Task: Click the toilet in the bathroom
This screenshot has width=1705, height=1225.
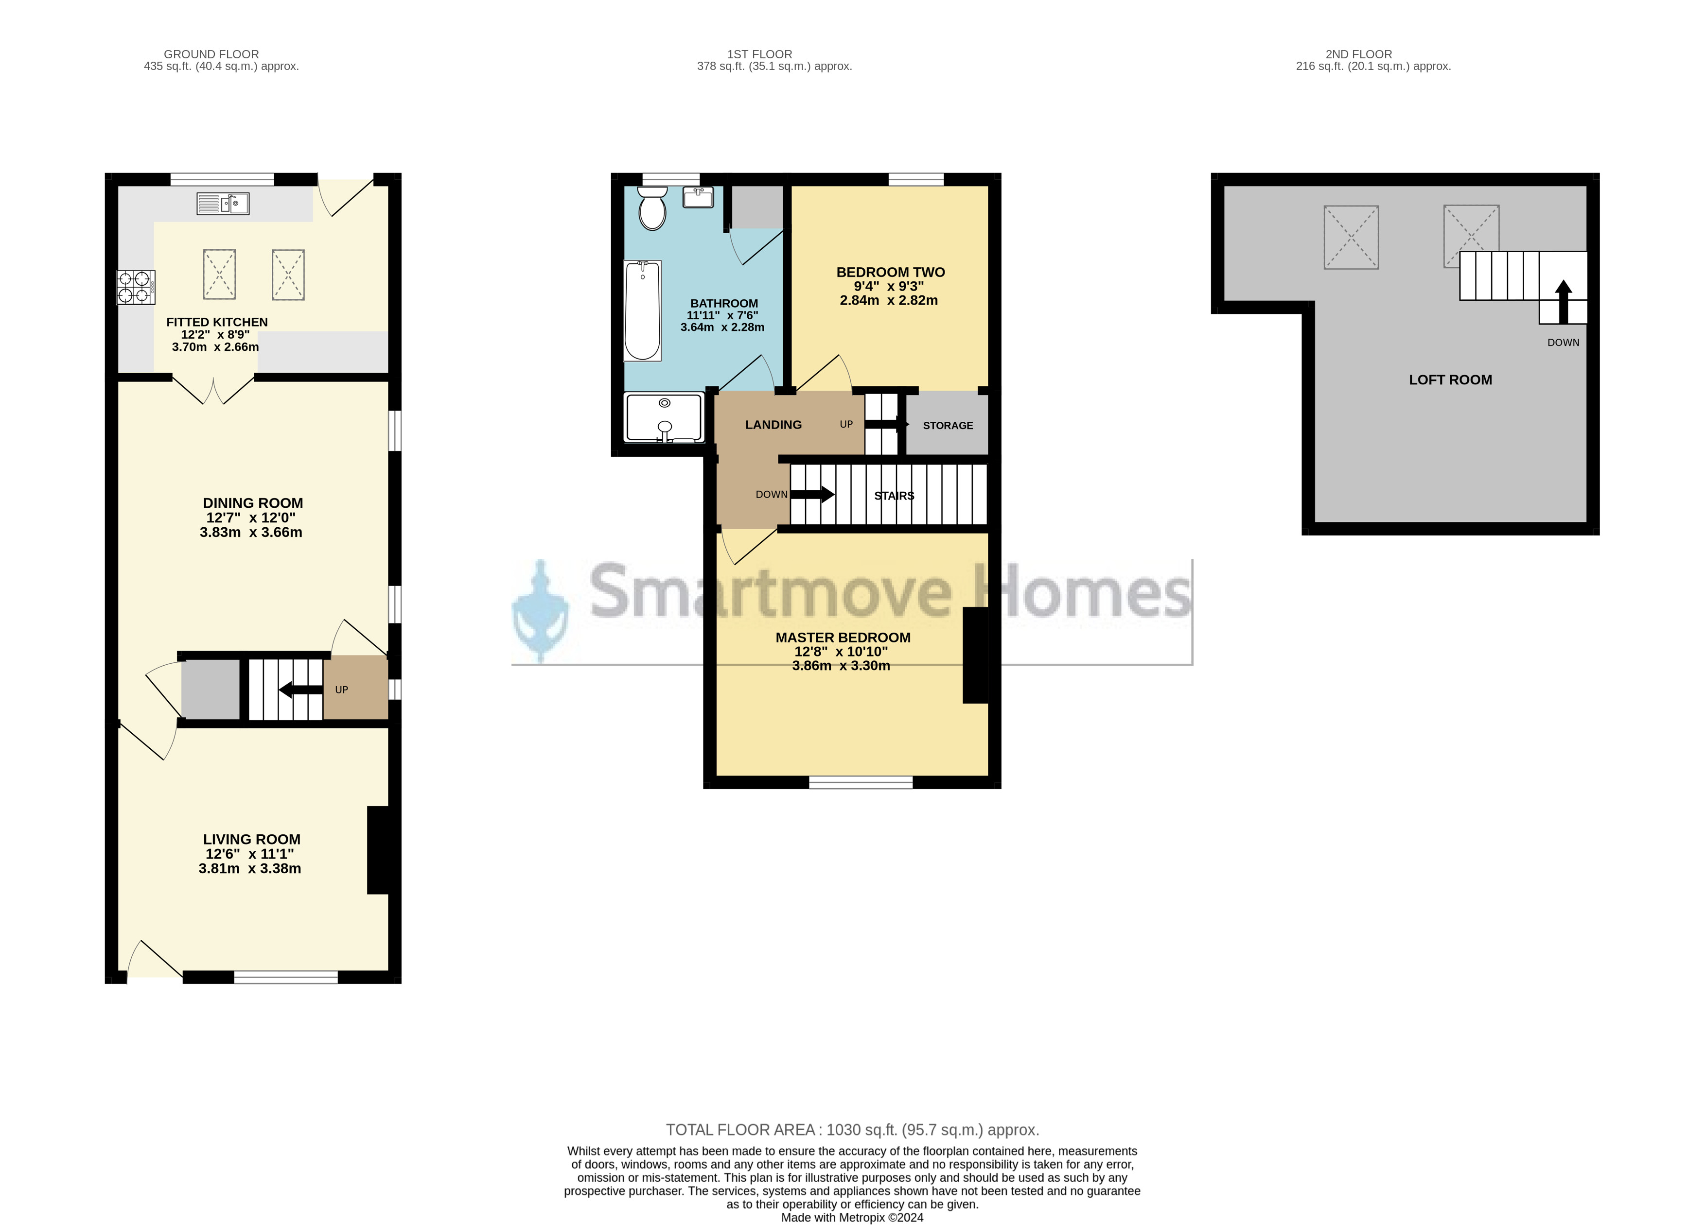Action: click(652, 208)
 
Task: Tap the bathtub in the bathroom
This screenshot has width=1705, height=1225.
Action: click(643, 311)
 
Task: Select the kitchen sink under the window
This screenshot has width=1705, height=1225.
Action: click(223, 204)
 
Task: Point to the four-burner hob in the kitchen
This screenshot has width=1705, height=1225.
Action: click(136, 287)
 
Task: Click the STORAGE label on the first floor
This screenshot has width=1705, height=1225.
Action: click(948, 425)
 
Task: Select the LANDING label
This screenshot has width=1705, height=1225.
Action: click(773, 425)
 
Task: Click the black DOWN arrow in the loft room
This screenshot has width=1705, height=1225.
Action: click(1563, 301)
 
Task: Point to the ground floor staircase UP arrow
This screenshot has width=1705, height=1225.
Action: click(301, 689)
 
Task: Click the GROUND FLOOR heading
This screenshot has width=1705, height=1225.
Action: click(211, 54)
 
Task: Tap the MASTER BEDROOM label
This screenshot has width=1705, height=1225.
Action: click(843, 638)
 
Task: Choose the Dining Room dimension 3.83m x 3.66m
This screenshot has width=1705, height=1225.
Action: click(251, 532)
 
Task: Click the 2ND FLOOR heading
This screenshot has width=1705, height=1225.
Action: click(1358, 54)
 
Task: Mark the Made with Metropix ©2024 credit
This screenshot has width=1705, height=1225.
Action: click(852, 1218)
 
